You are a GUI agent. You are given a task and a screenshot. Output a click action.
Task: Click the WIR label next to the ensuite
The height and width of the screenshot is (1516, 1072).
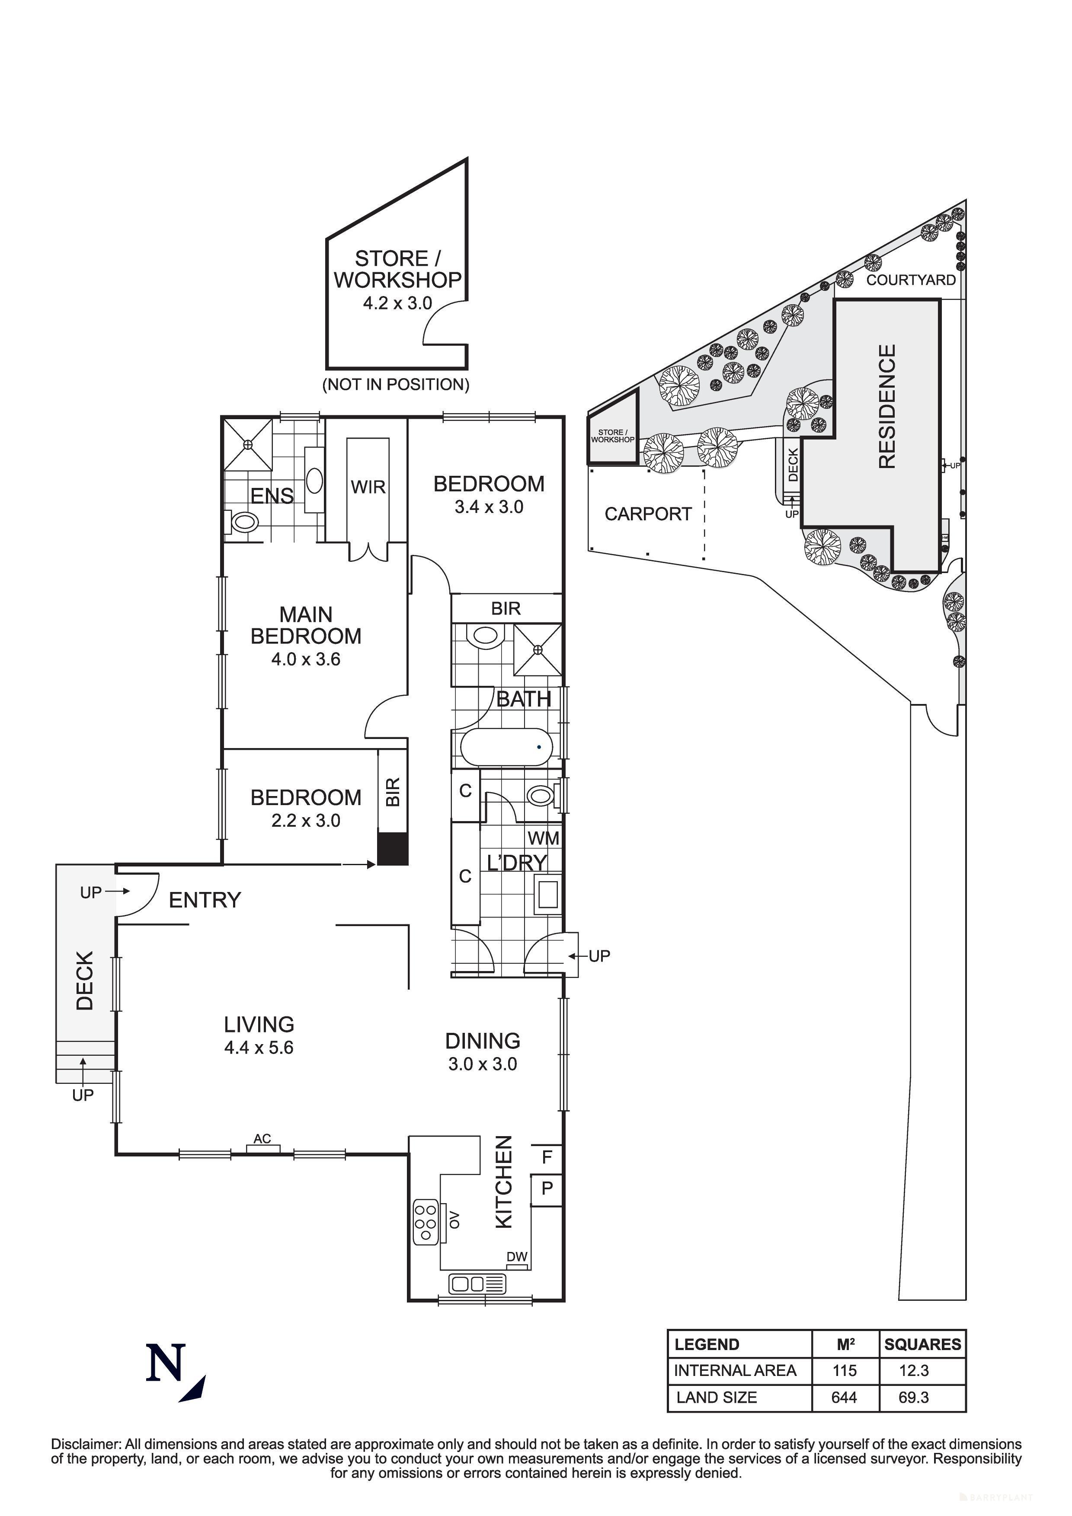[368, 487]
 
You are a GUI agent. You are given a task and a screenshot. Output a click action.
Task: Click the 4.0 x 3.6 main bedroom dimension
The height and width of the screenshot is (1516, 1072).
[306, 659]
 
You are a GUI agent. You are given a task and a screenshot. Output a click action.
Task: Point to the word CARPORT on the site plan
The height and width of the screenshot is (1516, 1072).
[647, 514]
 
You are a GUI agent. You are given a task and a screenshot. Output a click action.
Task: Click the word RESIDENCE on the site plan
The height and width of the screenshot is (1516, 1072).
[887, 406]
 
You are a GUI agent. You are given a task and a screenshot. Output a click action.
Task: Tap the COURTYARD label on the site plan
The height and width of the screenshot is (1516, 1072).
[910, 280]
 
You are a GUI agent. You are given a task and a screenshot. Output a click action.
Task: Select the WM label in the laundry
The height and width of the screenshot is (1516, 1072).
[543, 838]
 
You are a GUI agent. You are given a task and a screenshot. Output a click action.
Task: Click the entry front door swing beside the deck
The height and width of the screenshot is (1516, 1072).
[138, 894]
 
